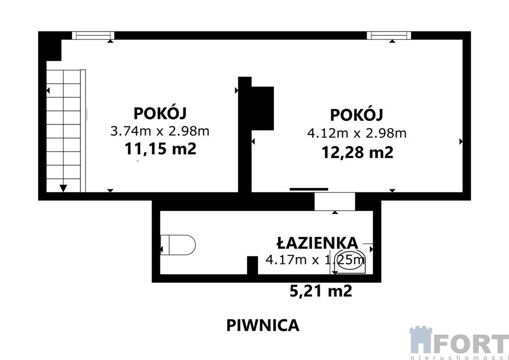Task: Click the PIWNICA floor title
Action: pyautogui.click(x=262, y=325)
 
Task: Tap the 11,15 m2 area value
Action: pyautogui.click(x=161, y=149)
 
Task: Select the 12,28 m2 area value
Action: pyautogui.click(x=357, y=152)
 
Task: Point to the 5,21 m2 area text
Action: pyautogui.click(x=321, y=291)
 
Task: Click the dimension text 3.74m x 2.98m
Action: pyautogui.click(x=160, y=131)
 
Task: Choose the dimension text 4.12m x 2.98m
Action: pyautogui.click(x=357, y=133)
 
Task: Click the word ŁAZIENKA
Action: pyautogui.click(x=317, y=243)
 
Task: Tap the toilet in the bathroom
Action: pyautogui.click(x=178, y=245)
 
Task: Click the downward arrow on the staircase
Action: pyautogui.click(x=63, y=188)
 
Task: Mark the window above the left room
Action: pyautogui.click(x=93, y=35)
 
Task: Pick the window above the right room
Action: pyautogui.click(x=389, y=35)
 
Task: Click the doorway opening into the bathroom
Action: pyautogui.click(x=335, y=201)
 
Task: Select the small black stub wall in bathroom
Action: pyautogui.click(x=252, y=265)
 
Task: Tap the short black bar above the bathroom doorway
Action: pyautogui.click(x=309, y=189)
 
